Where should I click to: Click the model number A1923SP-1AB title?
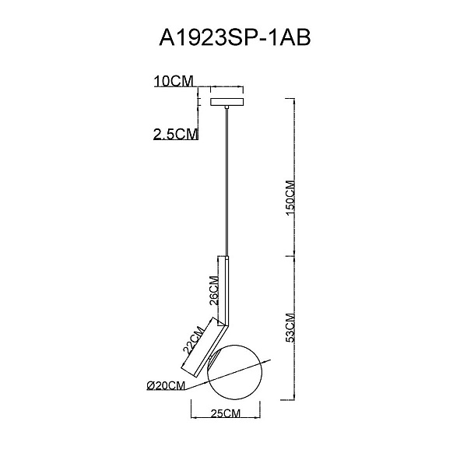235,38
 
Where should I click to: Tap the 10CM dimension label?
174,81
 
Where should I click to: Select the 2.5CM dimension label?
175,134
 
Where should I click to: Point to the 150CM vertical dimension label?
290,198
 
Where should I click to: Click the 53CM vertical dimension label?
290,328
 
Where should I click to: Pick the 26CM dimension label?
214,290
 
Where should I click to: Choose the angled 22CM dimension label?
193,340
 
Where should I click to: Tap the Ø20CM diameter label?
166,385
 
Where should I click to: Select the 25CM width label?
225,413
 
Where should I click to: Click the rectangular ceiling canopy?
227,102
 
